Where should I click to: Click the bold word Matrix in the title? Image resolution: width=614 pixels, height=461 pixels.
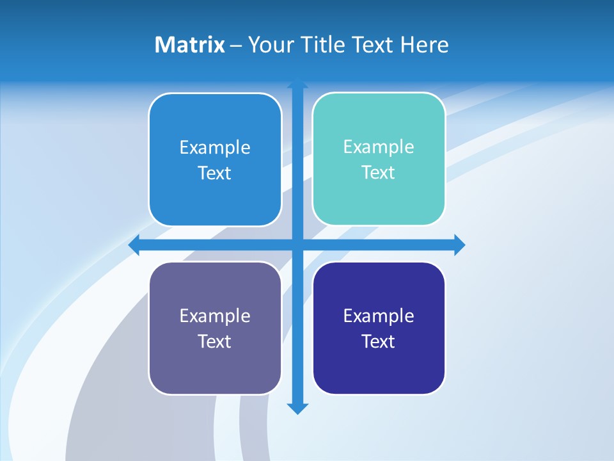click(190, 45)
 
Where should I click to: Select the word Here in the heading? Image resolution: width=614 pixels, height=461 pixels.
click(425, 45)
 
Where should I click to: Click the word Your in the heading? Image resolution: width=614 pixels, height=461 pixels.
click(269, 45)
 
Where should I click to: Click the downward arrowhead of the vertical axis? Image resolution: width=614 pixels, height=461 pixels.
click(297, 408)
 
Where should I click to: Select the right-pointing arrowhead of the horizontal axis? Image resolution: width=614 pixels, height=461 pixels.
click(459, 245)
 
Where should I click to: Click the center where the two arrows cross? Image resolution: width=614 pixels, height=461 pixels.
click(297, 245)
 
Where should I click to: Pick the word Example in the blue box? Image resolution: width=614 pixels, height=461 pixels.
click(215, 148)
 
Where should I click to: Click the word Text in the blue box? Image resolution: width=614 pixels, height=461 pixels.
click(215, 174)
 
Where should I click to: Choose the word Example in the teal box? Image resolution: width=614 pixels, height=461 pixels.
click(379, 147)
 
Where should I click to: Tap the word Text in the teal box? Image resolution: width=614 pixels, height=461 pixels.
click(379, 173)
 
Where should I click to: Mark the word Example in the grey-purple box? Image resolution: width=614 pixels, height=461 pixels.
click(215, 316)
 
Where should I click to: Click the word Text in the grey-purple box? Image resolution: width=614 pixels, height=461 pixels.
click(215, 342)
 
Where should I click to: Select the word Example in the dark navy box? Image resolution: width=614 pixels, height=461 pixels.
click(379, 316)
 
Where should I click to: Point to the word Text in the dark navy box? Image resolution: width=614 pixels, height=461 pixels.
click(379, 342)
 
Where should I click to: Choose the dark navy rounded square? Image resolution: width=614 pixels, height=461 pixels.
click(379, 371)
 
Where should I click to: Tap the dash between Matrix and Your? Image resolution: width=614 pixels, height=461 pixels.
click(236, 45)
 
